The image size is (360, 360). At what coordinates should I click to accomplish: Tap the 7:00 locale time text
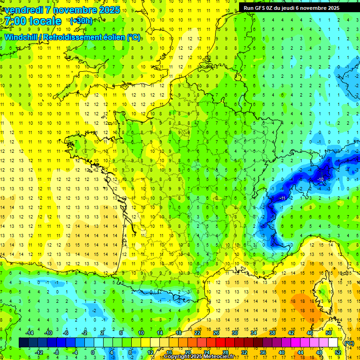pos(32,21)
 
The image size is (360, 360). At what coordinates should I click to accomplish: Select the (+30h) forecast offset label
pos(81,21)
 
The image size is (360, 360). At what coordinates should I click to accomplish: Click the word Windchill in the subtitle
pos(21,37)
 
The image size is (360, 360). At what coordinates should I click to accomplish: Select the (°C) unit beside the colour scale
pos(349,343)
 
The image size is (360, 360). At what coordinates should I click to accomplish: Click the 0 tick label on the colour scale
pos(92,352)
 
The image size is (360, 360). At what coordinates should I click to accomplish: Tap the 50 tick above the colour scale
pos(329,333)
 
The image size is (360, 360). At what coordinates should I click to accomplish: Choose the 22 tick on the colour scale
pos(197,333)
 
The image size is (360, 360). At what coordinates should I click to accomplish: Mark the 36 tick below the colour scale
pos(262,352)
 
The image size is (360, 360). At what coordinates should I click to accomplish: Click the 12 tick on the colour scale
pos(150,352)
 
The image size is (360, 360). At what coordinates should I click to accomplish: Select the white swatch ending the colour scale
pos(333,343)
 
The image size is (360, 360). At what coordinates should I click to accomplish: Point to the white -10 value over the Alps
pos(321,180)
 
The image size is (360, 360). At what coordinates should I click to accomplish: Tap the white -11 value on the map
pos(283,199)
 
